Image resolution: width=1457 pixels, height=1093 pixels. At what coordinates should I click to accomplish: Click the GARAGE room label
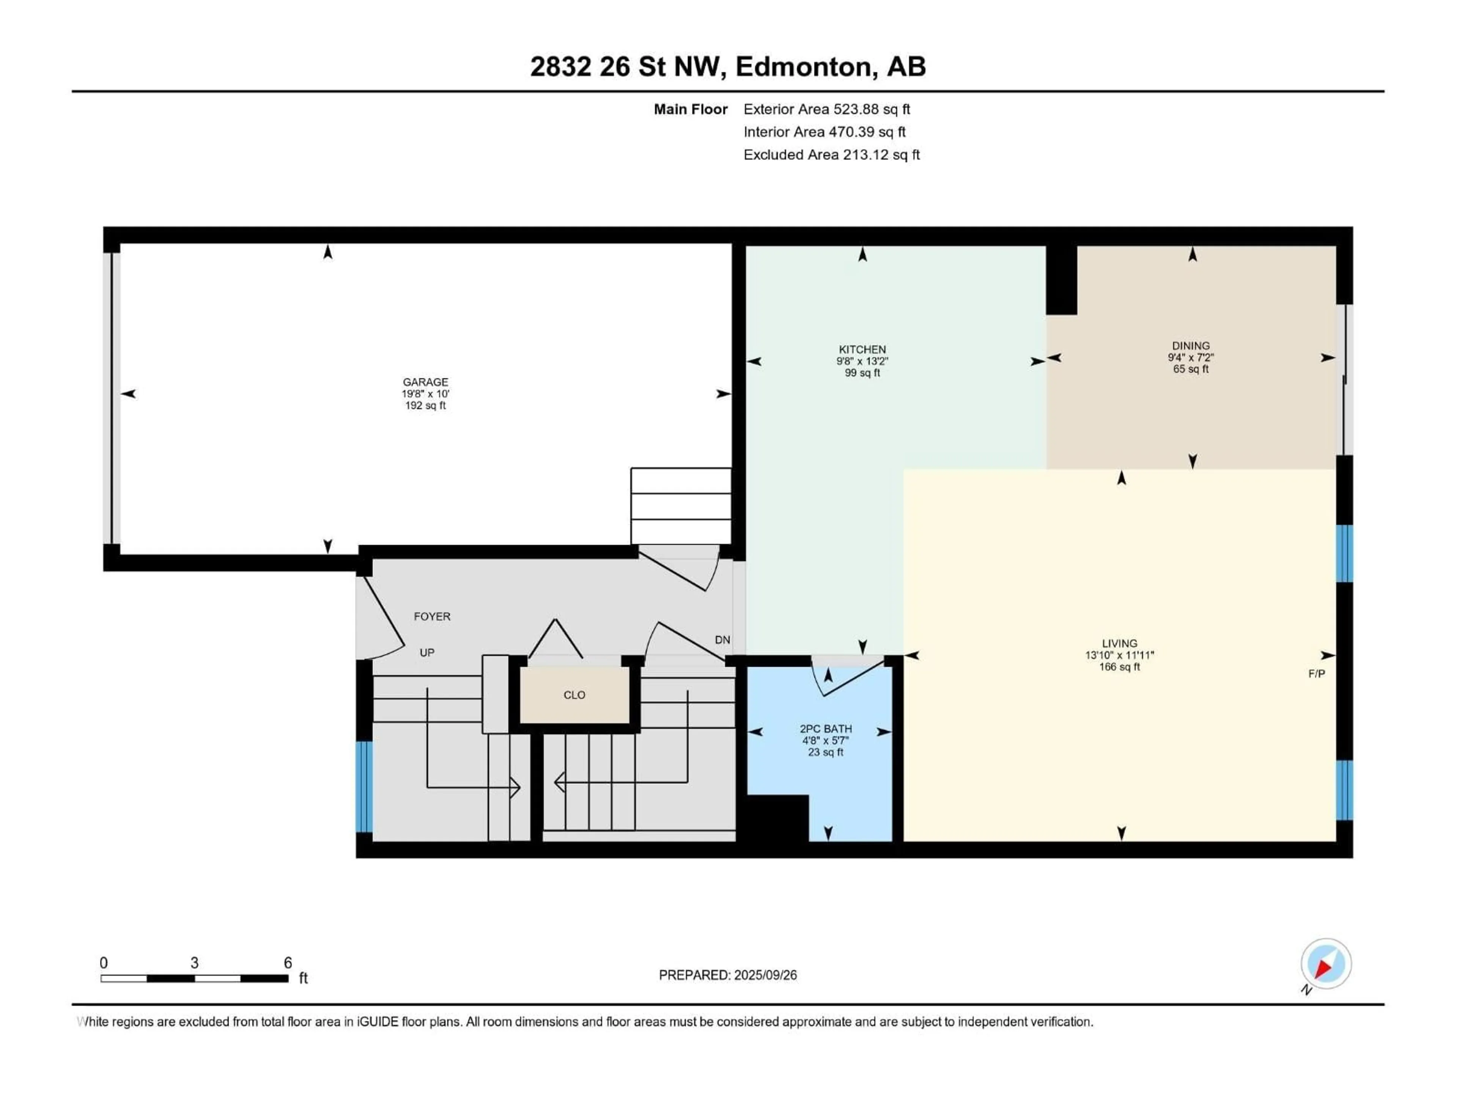425,382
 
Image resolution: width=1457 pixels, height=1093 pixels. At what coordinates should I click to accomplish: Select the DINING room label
1191,346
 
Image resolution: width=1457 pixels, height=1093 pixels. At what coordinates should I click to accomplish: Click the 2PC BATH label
826,729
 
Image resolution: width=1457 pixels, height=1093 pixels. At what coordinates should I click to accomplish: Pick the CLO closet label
574,695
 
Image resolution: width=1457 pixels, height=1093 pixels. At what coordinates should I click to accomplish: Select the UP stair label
427,653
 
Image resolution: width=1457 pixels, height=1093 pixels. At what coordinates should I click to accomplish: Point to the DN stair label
722,640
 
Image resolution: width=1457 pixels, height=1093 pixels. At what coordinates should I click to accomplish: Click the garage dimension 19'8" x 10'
425,394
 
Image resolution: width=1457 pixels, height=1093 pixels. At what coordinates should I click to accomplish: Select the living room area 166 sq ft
1120,667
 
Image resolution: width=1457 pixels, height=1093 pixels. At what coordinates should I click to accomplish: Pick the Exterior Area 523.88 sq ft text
827,109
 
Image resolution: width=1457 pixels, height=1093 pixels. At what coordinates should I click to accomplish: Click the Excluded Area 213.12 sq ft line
831,155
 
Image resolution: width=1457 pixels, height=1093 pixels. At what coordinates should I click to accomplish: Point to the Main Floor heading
690,109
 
